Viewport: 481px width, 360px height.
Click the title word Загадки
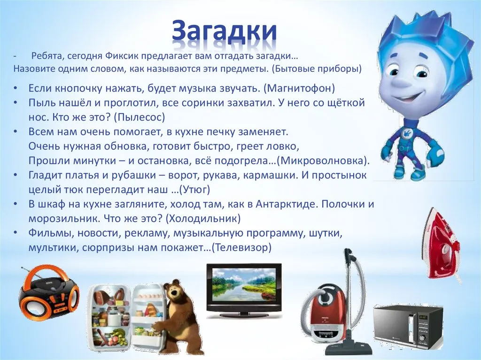click(224, 31)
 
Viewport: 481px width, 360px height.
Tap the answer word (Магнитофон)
click(299, 88)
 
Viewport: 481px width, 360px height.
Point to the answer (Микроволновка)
click(323, 161)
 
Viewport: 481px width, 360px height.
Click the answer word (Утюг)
click(194, 190)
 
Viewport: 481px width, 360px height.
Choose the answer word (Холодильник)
click(203, 219)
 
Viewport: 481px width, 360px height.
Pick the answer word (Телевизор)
click(242, 247)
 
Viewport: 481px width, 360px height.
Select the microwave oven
click(408, 328)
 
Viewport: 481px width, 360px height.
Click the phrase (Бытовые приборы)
click(317, 69)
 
